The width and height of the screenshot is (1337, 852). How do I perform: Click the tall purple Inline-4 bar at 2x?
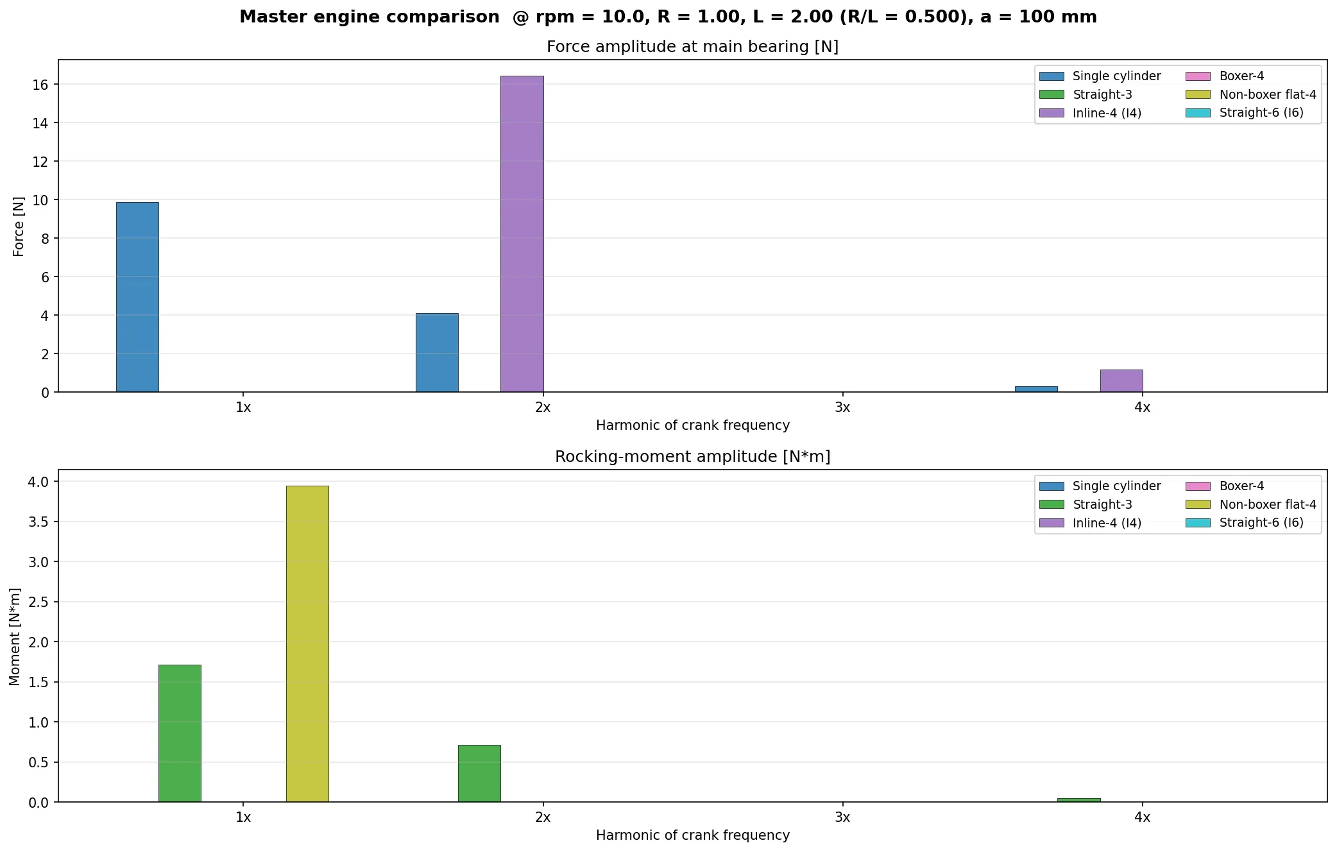coord(522,234)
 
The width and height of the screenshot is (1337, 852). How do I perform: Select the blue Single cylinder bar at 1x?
coord(137,297)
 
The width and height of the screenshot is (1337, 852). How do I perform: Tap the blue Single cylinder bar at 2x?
coord(437,353)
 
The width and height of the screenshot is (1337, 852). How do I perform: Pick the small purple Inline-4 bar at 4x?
coord(1121,381)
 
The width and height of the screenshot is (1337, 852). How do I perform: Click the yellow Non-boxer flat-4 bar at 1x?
coord(307,643)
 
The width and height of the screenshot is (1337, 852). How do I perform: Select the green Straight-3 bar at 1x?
coord(180,733)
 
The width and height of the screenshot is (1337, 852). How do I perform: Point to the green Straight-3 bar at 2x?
coord(479,773)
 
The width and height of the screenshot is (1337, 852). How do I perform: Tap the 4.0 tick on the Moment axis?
coord(38,482)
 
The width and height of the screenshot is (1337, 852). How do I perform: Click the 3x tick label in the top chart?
coord(842,407)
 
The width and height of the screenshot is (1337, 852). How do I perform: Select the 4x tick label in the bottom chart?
coord(1142,817)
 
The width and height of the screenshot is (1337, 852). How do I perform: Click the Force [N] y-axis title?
coord(19,226)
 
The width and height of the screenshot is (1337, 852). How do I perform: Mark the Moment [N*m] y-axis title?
coord(15,636)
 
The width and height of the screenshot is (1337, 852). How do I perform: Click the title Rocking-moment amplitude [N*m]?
coord(692,457)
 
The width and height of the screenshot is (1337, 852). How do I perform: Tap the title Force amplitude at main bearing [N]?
coord(692,47)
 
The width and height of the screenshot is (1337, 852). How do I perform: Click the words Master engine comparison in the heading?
coord(369,17)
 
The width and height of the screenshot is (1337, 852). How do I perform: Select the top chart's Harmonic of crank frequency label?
coord(692,425)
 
